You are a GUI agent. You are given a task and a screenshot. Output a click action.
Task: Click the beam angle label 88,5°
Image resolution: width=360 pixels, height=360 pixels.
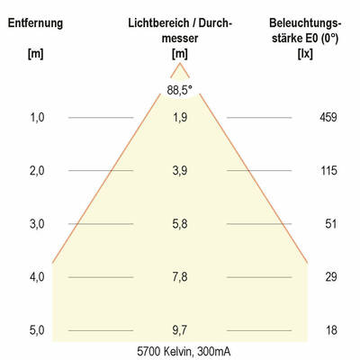(x=180, y=89)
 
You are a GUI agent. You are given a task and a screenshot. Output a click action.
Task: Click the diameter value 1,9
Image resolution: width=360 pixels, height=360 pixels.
(x=180, y=117)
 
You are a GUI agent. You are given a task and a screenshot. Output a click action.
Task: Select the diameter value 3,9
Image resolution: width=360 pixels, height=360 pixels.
(x=180, y=170)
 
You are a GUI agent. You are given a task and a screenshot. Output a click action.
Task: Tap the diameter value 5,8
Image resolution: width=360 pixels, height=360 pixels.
(x=180, y=223)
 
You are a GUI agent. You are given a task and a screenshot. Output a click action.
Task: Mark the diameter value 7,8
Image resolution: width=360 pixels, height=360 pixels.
(x=180, y=277)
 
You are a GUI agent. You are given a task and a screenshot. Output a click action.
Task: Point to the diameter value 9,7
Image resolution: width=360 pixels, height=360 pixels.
(x=180, y=330)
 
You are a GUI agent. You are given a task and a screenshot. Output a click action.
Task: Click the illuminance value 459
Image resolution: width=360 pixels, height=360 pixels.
(x=329, y=117)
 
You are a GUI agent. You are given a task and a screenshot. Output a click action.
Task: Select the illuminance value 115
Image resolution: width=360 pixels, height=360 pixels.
(x=329, y=170)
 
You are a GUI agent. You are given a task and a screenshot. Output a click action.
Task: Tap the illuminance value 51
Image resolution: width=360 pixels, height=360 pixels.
(x=330, y=223)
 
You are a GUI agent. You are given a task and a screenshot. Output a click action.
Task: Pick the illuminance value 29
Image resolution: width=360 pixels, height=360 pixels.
(x=330, y=277)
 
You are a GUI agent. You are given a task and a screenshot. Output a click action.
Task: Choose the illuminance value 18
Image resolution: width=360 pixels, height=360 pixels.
(x=330, y=330)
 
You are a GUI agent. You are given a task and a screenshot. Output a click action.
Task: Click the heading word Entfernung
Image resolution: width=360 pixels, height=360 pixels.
(x=36, y=22)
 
